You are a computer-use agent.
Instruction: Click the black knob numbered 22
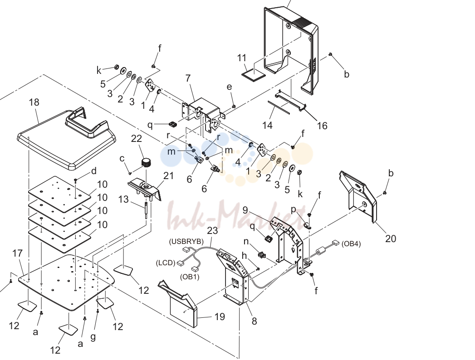point(147,163)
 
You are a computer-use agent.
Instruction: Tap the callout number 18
point(34,102)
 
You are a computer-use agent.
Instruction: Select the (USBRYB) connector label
point(186,242)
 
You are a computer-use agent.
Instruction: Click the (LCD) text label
point(166,263)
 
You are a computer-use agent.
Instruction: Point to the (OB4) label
point(351,244)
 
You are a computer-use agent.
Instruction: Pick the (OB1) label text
point(190,277)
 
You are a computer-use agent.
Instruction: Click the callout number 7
point(188,78)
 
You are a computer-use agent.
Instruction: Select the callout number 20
point(391,238)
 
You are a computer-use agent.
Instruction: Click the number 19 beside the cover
point(220,317)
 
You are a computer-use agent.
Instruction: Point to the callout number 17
point(18,253)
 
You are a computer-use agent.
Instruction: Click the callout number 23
point(212,230)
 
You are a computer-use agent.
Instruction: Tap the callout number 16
point(322,125)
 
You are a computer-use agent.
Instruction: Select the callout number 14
point(267,125)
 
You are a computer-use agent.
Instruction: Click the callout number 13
point(123,199)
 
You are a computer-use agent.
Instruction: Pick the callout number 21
point(168,175)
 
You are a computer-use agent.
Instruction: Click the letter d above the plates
point(93,171)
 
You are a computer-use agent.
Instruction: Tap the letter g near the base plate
point(93,337)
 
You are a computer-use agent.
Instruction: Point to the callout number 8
point(254,321)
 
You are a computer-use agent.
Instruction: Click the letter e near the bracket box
point(229,87)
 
